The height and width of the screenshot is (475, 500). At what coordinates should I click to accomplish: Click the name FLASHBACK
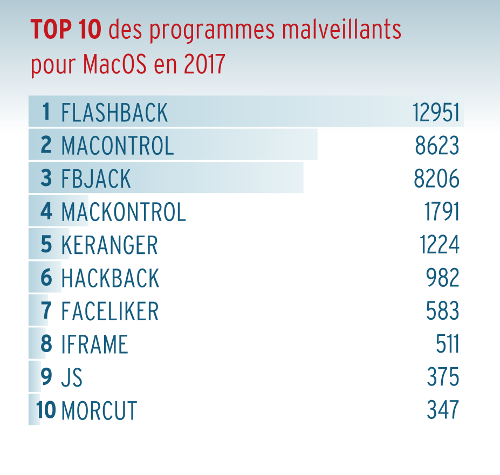[x=114, y=113]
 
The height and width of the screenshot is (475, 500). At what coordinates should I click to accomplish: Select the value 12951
[x=436, y=113]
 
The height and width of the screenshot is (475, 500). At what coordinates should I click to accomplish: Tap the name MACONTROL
[x=118, y=146]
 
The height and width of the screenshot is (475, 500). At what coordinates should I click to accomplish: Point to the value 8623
[x=437, y=146]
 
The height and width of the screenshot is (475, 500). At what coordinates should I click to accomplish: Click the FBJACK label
[x=96, y=179]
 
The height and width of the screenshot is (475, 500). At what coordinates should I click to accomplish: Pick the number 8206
[x=437, y=179]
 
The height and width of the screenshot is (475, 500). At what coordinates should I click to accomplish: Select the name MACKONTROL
[x=124, y=212]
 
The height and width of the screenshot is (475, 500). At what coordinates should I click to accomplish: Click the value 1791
[x=442, y=212]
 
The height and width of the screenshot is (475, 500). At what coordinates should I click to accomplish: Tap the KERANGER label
[x=109, y=245]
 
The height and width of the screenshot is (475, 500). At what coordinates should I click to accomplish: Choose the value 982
[x=443, y=278]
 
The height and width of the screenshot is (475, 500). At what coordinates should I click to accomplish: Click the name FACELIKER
[x=110, y=312]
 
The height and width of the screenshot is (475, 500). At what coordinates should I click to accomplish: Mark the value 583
[x=443, y=312]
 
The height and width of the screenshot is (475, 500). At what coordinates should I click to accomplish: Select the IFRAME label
[x=94, y=345]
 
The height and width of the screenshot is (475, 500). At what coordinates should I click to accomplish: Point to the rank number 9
[x=46, y=377]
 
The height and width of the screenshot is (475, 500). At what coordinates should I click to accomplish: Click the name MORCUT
[x=99, y=411]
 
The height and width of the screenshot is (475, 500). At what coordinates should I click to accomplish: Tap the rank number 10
[x=46, y=411]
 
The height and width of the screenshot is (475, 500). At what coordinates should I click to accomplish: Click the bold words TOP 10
[x=66, y=30]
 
